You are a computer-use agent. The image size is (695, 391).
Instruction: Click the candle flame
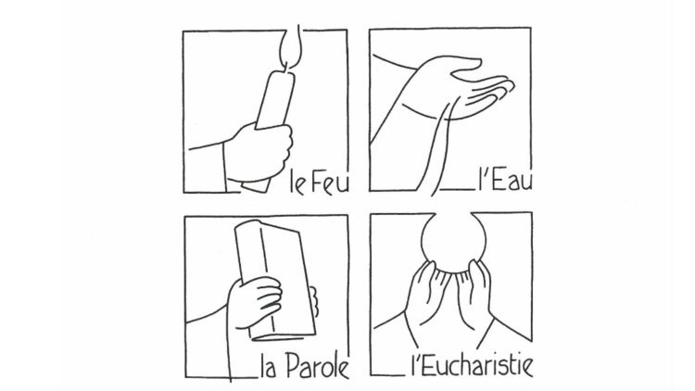point(291,49)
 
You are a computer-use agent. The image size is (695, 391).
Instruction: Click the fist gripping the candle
point(259,152)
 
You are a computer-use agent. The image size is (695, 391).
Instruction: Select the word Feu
point(330,181)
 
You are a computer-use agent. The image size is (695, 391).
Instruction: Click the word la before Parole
point(270,366)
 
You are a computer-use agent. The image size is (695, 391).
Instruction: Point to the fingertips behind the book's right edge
point(314,301)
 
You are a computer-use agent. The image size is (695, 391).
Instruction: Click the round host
point(453,242)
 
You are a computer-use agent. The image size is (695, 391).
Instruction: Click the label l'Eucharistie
point(473,365)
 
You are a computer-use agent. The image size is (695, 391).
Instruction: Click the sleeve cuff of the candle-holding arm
point(225,166)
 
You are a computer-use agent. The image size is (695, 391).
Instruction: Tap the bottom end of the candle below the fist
point(256,185)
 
